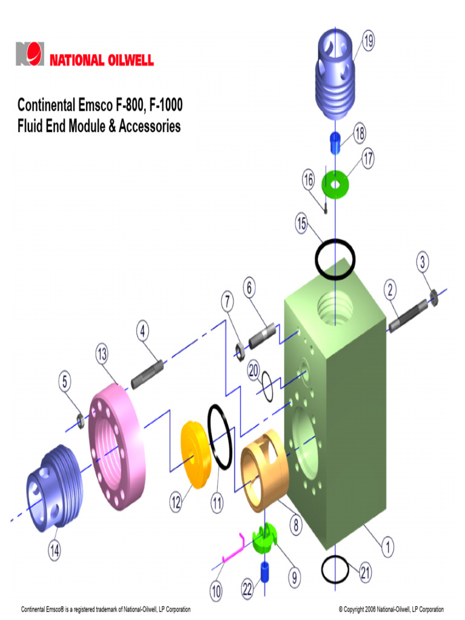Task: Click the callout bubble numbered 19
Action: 368,41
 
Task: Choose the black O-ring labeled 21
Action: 336,569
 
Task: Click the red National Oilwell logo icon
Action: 30,54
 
